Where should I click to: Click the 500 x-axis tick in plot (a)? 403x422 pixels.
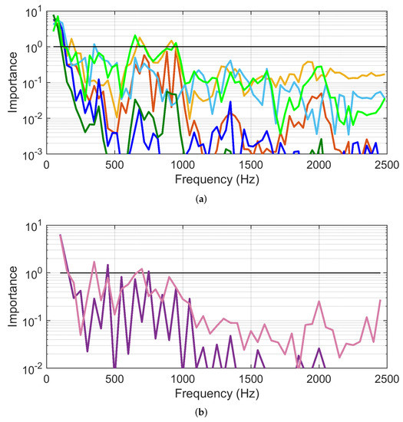click(x=114, y=165)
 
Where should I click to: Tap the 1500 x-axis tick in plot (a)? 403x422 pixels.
click(x=250, y=165)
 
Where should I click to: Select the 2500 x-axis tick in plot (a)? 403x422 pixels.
click(x=385, y=165)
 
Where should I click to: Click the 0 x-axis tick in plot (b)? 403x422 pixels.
click(x=47, y=380)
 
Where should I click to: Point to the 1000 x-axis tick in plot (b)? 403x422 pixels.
click(x=182, y=380)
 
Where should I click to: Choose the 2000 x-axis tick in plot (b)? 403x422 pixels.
click(x=318, y=380)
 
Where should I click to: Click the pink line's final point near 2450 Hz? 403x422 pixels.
click(x=379, y=300)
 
